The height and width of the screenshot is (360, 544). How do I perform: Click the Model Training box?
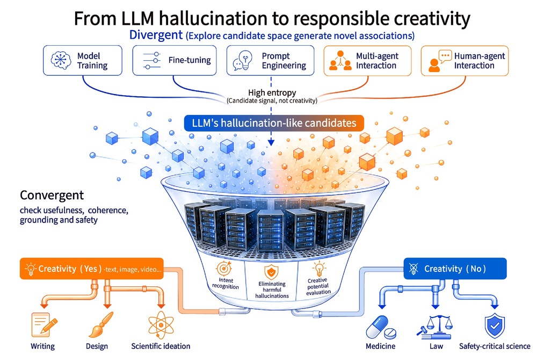(83, 60)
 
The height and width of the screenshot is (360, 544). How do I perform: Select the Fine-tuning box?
(175, 60)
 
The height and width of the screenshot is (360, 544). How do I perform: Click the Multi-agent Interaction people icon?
(340, 60)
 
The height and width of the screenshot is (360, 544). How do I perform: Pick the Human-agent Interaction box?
(465, 60)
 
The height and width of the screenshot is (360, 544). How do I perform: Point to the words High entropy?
(272, 93)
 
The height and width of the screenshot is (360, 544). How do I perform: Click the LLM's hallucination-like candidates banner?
(274, 123)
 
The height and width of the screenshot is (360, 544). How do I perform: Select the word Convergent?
(52, 195)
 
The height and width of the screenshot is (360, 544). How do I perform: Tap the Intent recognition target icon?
(224, 268)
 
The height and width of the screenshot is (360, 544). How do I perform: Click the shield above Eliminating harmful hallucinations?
(271, 272)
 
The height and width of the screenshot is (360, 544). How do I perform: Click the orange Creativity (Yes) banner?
(92, 269)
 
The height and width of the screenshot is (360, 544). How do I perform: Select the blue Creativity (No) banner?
(455, 268)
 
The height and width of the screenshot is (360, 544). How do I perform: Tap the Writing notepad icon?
(43, 325)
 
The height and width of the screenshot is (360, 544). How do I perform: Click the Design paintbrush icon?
(101, 325)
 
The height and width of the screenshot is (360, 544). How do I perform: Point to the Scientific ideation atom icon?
(161, 325)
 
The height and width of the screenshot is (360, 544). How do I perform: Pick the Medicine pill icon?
(381, 327)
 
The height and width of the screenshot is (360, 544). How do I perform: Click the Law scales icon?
(434, 327)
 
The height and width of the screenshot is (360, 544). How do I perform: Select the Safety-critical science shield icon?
(495, 326)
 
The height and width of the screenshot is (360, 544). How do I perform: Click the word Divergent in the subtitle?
(156, 35)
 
